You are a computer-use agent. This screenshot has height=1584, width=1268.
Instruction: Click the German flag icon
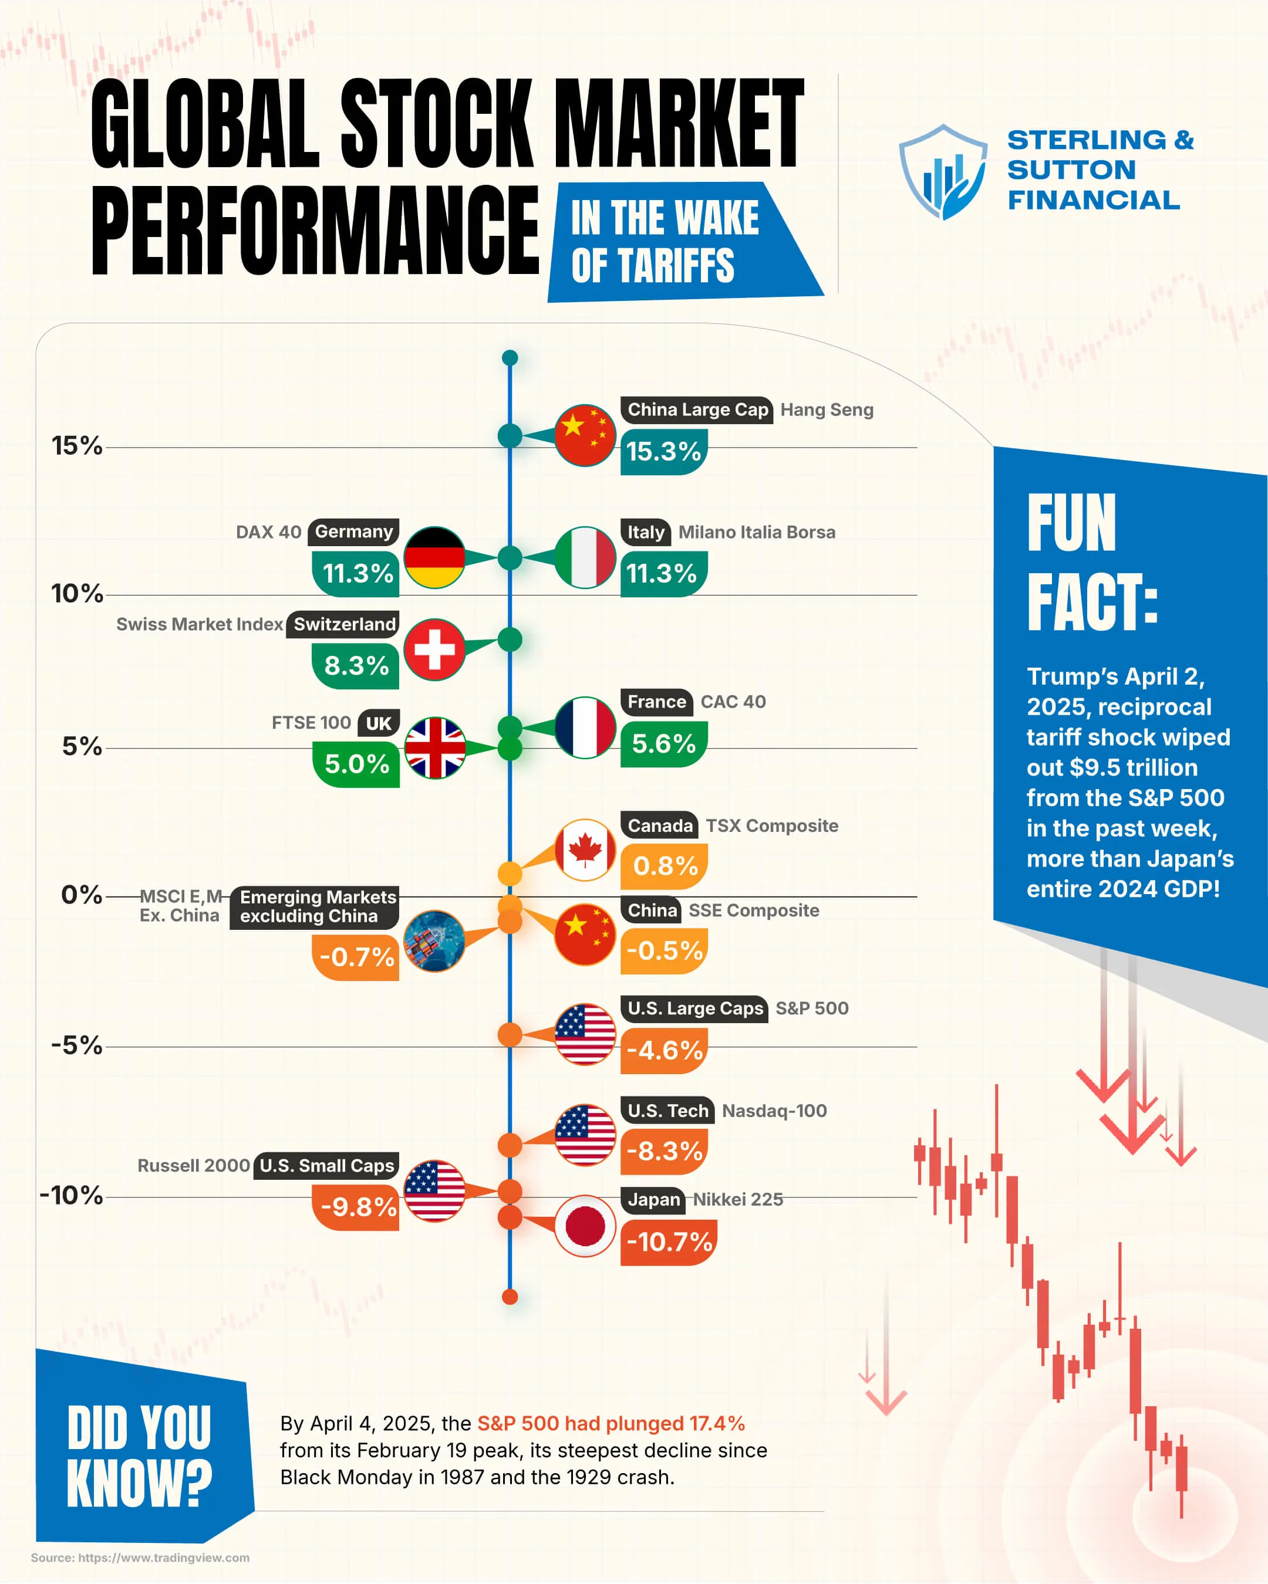point(434,558)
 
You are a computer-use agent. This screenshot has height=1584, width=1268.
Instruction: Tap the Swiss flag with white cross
point(434,649)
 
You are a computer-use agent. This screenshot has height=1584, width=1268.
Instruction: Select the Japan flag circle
point(585,1226)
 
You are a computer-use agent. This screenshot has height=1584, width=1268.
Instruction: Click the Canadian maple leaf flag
point(585,850)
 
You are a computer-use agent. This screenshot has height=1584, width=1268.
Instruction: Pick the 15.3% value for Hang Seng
point(663,452)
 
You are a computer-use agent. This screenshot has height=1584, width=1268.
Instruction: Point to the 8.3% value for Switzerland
point(356,666)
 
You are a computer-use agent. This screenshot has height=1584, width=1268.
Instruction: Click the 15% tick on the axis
point(76,446)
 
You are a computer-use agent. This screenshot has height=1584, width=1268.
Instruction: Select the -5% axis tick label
point(76,1045)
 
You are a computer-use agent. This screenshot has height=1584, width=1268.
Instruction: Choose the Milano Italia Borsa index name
point(756,532)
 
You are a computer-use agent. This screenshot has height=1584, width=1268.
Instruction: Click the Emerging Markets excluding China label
point(317,906)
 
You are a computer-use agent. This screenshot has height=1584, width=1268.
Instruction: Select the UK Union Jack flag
point(434,748)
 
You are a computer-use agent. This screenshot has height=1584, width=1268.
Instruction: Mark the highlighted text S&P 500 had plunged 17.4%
point(611,1424)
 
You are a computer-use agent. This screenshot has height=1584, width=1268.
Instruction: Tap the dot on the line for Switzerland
point(510,640)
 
